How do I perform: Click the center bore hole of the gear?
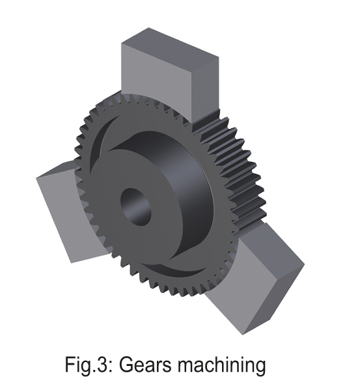[135, 207]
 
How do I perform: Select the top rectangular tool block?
[170, 75]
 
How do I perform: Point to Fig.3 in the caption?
[85, 364]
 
